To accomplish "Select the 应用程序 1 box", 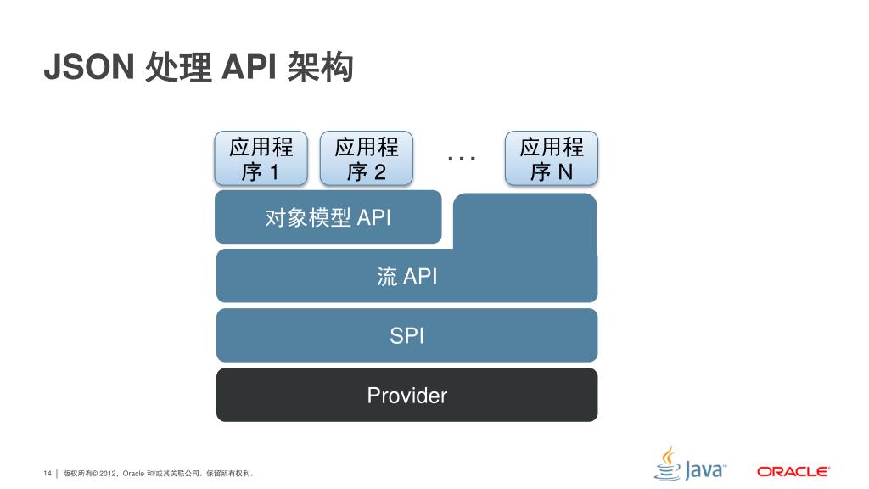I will [x=261, y=159].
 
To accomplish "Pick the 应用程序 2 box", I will [x=366, y=159].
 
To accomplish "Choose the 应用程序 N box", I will [x=552, y=159].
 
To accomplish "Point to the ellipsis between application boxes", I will [x=461, y=158].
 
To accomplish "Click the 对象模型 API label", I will [x=328, y=217].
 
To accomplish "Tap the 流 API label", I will [x=406, y=276].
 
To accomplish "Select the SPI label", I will [x=406, y=335].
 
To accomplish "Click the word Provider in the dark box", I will [x=406, y=395].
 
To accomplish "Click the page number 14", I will [x=48, y=472].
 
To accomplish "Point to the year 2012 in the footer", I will [x=109, y=472].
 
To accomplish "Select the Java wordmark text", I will [x=704, y=469].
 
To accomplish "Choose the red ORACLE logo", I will [x=793, y=471].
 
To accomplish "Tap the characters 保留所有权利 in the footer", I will [x=232, y=472].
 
